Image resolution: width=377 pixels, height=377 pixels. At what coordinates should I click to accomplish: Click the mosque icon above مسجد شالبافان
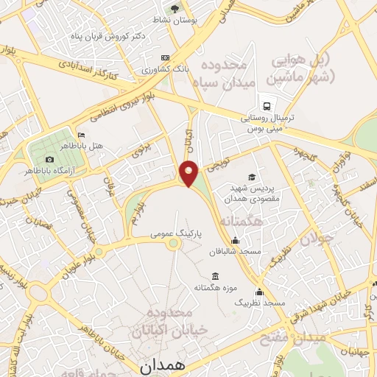[235, 240]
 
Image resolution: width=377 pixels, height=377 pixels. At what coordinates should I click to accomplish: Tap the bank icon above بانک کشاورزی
[164, 57]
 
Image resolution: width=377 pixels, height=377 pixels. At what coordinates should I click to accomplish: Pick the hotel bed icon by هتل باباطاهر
[81, 135]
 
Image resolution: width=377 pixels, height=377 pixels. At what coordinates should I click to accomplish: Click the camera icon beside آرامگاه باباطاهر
[49, 160]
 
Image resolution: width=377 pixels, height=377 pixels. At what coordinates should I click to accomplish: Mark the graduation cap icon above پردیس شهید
[253, 177]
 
